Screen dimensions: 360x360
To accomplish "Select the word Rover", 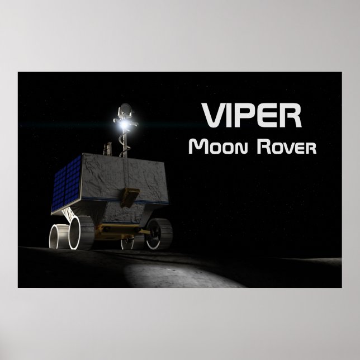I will pyautogui.click(x=286, y=147).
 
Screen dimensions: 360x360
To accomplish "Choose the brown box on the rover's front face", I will pyautogui.click(x=130, y=195).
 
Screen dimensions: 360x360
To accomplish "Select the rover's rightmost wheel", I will pyautogui.click(x=159, y=234).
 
